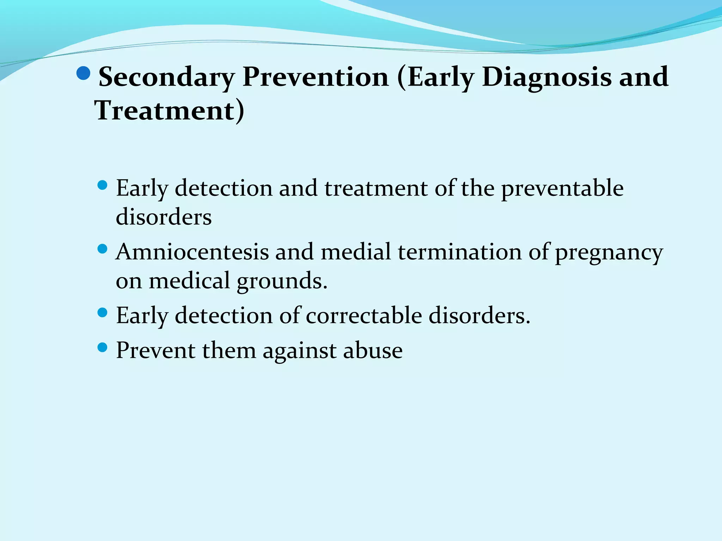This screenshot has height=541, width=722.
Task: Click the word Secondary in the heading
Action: tap(166, 77)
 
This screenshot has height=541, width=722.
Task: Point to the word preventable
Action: tap(562, 188)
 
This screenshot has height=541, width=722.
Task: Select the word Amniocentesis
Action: tap(192, 252)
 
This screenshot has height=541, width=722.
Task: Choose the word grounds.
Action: tap(282, 281)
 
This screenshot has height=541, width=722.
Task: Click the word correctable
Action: tap(364, 315)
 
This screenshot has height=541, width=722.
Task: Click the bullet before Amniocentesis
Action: tap(102, 249)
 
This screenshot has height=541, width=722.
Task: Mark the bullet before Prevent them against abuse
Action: tap(102, 348)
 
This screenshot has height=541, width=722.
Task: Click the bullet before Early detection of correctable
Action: tap(102, 313)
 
